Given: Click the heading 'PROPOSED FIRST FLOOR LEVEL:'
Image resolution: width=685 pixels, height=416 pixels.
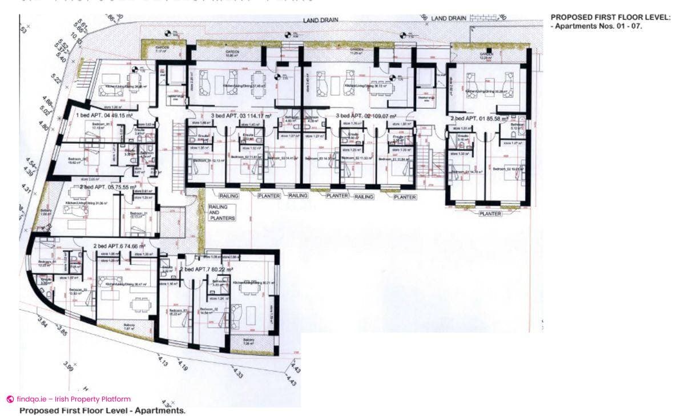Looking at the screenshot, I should point(610,18).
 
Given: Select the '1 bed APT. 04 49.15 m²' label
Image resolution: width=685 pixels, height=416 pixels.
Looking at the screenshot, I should point(104,115).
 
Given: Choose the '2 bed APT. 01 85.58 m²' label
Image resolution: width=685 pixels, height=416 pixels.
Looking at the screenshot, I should point(479,119).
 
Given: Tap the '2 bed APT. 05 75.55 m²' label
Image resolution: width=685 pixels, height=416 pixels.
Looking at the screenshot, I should point(108,187).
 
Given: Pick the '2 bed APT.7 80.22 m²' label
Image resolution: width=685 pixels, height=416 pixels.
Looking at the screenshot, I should point(207,269).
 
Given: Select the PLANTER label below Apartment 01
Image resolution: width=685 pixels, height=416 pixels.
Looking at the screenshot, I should point(490,214).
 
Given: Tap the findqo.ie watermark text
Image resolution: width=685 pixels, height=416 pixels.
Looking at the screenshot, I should point(73,399).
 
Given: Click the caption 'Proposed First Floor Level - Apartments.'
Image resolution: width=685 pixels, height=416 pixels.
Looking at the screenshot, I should point(102,410).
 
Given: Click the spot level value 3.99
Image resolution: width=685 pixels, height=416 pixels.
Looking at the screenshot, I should point(68,366).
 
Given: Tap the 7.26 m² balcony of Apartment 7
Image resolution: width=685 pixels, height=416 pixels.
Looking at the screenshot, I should point(249,342).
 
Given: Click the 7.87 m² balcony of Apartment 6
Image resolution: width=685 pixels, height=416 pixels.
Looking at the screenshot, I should point(130,327).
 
